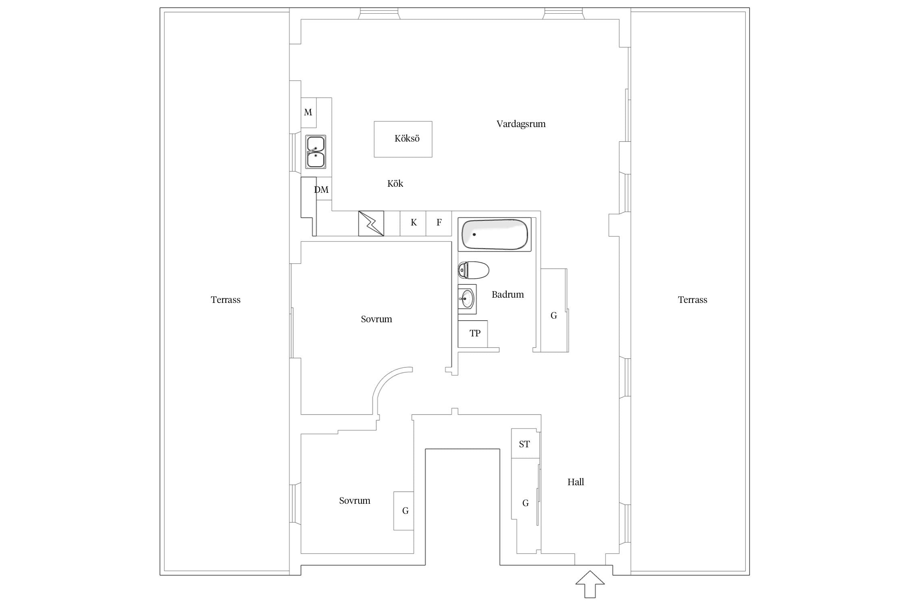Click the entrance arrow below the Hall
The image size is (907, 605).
point(590,584)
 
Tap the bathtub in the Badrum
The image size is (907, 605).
point(495,234)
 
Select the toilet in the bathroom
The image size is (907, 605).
point(474,270)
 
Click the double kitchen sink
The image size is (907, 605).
point(316,152)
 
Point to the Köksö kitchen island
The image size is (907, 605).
point(403,139)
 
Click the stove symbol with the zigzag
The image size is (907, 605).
point(371,223)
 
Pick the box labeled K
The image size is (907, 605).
point(413,223)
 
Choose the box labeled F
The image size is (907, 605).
point(439,223)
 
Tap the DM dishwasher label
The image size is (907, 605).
point(321,190)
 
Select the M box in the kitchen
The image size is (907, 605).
point(308,113)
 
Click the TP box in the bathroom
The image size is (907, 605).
point(473,334)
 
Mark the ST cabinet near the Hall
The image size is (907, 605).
point(524,444)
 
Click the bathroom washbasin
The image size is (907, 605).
point(467,299)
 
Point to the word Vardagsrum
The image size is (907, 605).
point(521,124)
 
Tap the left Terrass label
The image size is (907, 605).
point(225,300)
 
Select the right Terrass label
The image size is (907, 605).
point(693,300)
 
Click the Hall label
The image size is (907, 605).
point(576,482)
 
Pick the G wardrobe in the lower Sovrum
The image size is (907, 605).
point(404,511)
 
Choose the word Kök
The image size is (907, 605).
point(395,184)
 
